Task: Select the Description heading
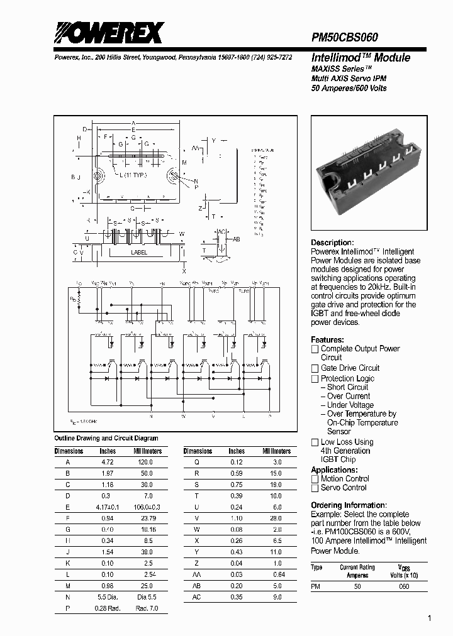(333, 243)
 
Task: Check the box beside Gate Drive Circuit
(315, 368)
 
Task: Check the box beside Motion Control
(315, 479)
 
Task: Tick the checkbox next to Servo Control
(315, 488)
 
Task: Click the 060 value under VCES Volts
(404, 586)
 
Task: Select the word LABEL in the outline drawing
(139, 253)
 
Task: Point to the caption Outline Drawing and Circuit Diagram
(106, 438)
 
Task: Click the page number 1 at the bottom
(430, 619)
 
